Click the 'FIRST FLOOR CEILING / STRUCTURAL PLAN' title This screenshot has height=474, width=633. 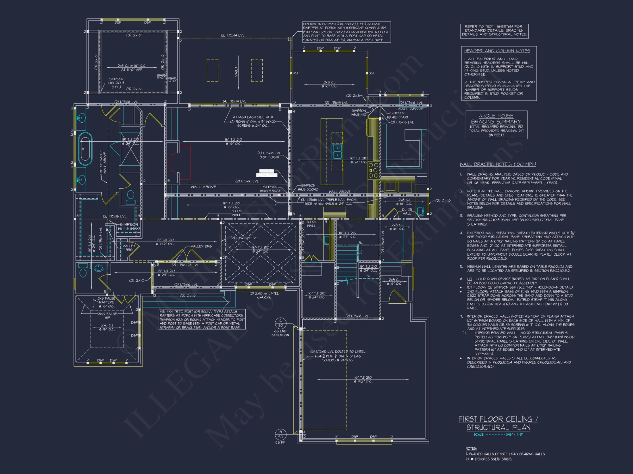[x=498, y=423]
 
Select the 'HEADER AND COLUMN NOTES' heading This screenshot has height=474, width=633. [x=497, y=51]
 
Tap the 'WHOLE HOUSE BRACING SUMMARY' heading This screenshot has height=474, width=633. [x=496, y=119]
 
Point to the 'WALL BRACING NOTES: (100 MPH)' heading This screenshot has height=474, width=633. [x=498, y=164]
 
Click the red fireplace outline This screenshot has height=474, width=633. [x=180, y=162]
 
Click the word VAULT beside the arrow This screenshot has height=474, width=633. [x=236, y=72]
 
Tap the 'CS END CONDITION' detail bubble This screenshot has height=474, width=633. [x=280, y=323]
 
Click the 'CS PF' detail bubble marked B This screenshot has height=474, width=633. [x=280, y=434]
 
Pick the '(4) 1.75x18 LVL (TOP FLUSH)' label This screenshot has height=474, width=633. [x=269, y=155]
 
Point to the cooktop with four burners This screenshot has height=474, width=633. [x=373, y=170]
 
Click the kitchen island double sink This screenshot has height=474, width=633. [x=337, y=151]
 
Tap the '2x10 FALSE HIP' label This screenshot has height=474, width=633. [x=107, y=316]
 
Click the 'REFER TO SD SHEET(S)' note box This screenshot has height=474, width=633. [x=494, y=31]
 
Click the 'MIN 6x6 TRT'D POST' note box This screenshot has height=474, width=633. [x=346, y=32]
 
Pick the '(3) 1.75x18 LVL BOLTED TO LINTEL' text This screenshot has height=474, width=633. [x=337, y=351]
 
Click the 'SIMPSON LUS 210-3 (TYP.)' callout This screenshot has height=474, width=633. [x=116, y=83]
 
